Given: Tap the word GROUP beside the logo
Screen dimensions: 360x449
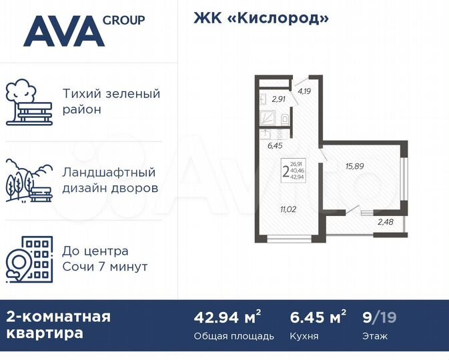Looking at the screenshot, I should coord(123,20).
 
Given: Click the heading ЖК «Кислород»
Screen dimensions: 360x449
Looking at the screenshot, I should coord(261,18).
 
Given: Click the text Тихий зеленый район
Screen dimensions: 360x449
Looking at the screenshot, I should coord(111,101).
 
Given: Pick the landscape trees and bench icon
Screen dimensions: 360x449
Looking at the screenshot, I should coord(29,180).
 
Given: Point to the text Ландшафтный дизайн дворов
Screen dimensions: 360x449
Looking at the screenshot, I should coord(110,180).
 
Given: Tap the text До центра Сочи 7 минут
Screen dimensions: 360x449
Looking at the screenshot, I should coord(105,259).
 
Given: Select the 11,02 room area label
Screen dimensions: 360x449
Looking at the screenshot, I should coord(288,209).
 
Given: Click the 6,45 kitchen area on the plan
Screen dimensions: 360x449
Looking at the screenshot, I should coord(274,144).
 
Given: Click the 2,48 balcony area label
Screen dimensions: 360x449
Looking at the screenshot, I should coord(385,221).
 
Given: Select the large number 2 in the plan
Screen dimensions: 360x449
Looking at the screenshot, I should coord(286,171).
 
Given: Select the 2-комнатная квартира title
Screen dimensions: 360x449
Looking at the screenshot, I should coord(59,325).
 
